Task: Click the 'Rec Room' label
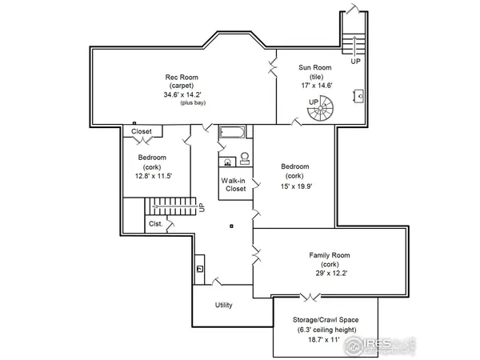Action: point(182,78)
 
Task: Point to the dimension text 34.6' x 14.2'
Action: point(182,94)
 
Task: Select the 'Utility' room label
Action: point(224,306)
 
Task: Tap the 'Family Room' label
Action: point(330,256)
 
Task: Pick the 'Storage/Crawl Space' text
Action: point(326,320)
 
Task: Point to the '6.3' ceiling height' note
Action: point(326,330)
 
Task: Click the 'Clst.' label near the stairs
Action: point(155,225)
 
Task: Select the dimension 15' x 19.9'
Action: point(294,186)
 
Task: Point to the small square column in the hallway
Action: point(231,226)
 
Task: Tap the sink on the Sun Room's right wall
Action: point(362,97)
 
